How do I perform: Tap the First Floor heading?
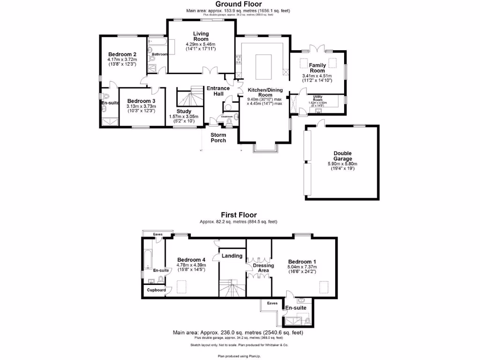click(x=239, y=215)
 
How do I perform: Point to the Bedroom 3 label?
click(x=141, y=101)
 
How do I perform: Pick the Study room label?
click(x=184, y=111)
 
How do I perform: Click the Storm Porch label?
click(x=218, y=137)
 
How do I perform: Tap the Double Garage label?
click(x=342, y=156)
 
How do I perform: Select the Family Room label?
click(x=317, y=67)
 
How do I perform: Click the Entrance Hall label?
click(x=218, y=91)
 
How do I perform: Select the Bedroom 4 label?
click(x=191, y=260)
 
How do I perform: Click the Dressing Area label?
click(x=263, y=268)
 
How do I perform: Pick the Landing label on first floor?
click(x=232, y=255)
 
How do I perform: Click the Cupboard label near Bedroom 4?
click(x=156, y=290)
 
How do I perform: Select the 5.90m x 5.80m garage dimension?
click(x=342, y=164)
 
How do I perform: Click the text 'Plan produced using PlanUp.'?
click(x=239, y=356)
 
